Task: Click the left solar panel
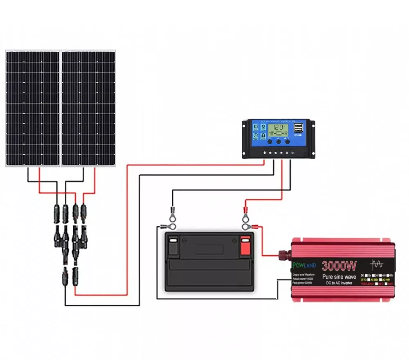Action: pos(33,108)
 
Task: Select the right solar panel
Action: pos(88,108)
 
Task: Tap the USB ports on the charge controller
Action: pos(298,128)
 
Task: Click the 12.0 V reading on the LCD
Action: pos(279,127)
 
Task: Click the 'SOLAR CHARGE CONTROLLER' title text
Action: pos(278,122)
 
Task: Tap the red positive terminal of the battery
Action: pos(245,247)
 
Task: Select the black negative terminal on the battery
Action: pos(173,247)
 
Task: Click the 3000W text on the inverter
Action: pos(339,266)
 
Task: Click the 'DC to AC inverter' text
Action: pos(339,283)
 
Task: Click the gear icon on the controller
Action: pos(263,126)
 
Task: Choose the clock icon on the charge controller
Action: pos(256,135)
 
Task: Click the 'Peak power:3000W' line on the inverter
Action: pos(303,283)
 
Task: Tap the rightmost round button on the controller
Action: pos(288,142)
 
